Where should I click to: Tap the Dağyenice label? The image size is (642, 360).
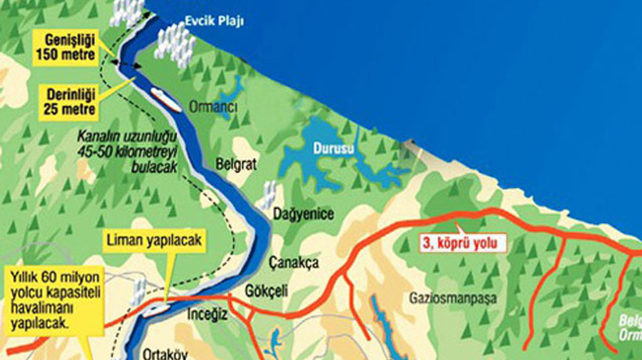pos(303,214)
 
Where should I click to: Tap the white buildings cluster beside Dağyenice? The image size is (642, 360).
pos(268,195)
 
